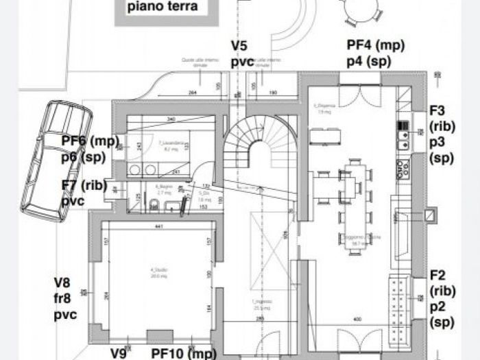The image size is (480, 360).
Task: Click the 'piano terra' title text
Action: point(162,8)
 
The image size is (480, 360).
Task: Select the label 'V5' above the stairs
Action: point(239,46)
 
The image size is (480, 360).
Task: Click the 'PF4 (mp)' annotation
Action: point(375,45)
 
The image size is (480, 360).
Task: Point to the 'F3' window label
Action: point(437,110)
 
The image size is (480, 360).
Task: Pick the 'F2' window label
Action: point(437,276)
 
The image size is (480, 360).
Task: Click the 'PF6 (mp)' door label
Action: point(90,141)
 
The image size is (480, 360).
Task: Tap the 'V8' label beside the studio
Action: point(62,282)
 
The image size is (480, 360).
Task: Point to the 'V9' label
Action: point(119,353)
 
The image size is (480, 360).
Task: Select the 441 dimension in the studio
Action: point(159,226)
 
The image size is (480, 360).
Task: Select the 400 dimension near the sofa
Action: point(356,320)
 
